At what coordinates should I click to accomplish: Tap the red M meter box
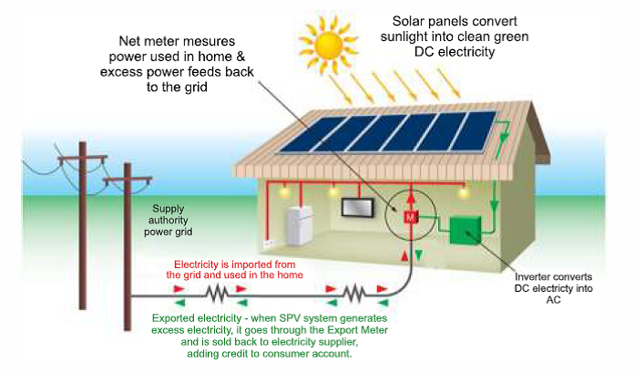tap(410, 217)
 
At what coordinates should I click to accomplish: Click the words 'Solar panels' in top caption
tap(427, 20)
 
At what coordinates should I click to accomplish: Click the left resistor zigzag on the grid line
tap(217, 293)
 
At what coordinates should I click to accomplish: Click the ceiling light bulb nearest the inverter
tap(464, 192)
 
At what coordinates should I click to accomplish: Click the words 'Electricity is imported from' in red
tap(235, 264)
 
